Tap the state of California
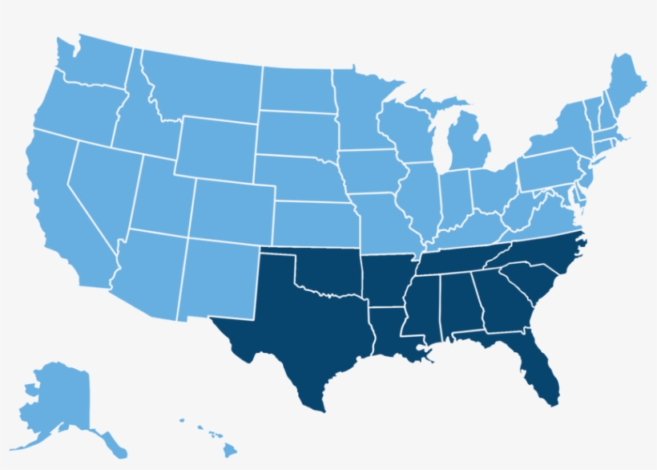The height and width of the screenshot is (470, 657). pos(64,209)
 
